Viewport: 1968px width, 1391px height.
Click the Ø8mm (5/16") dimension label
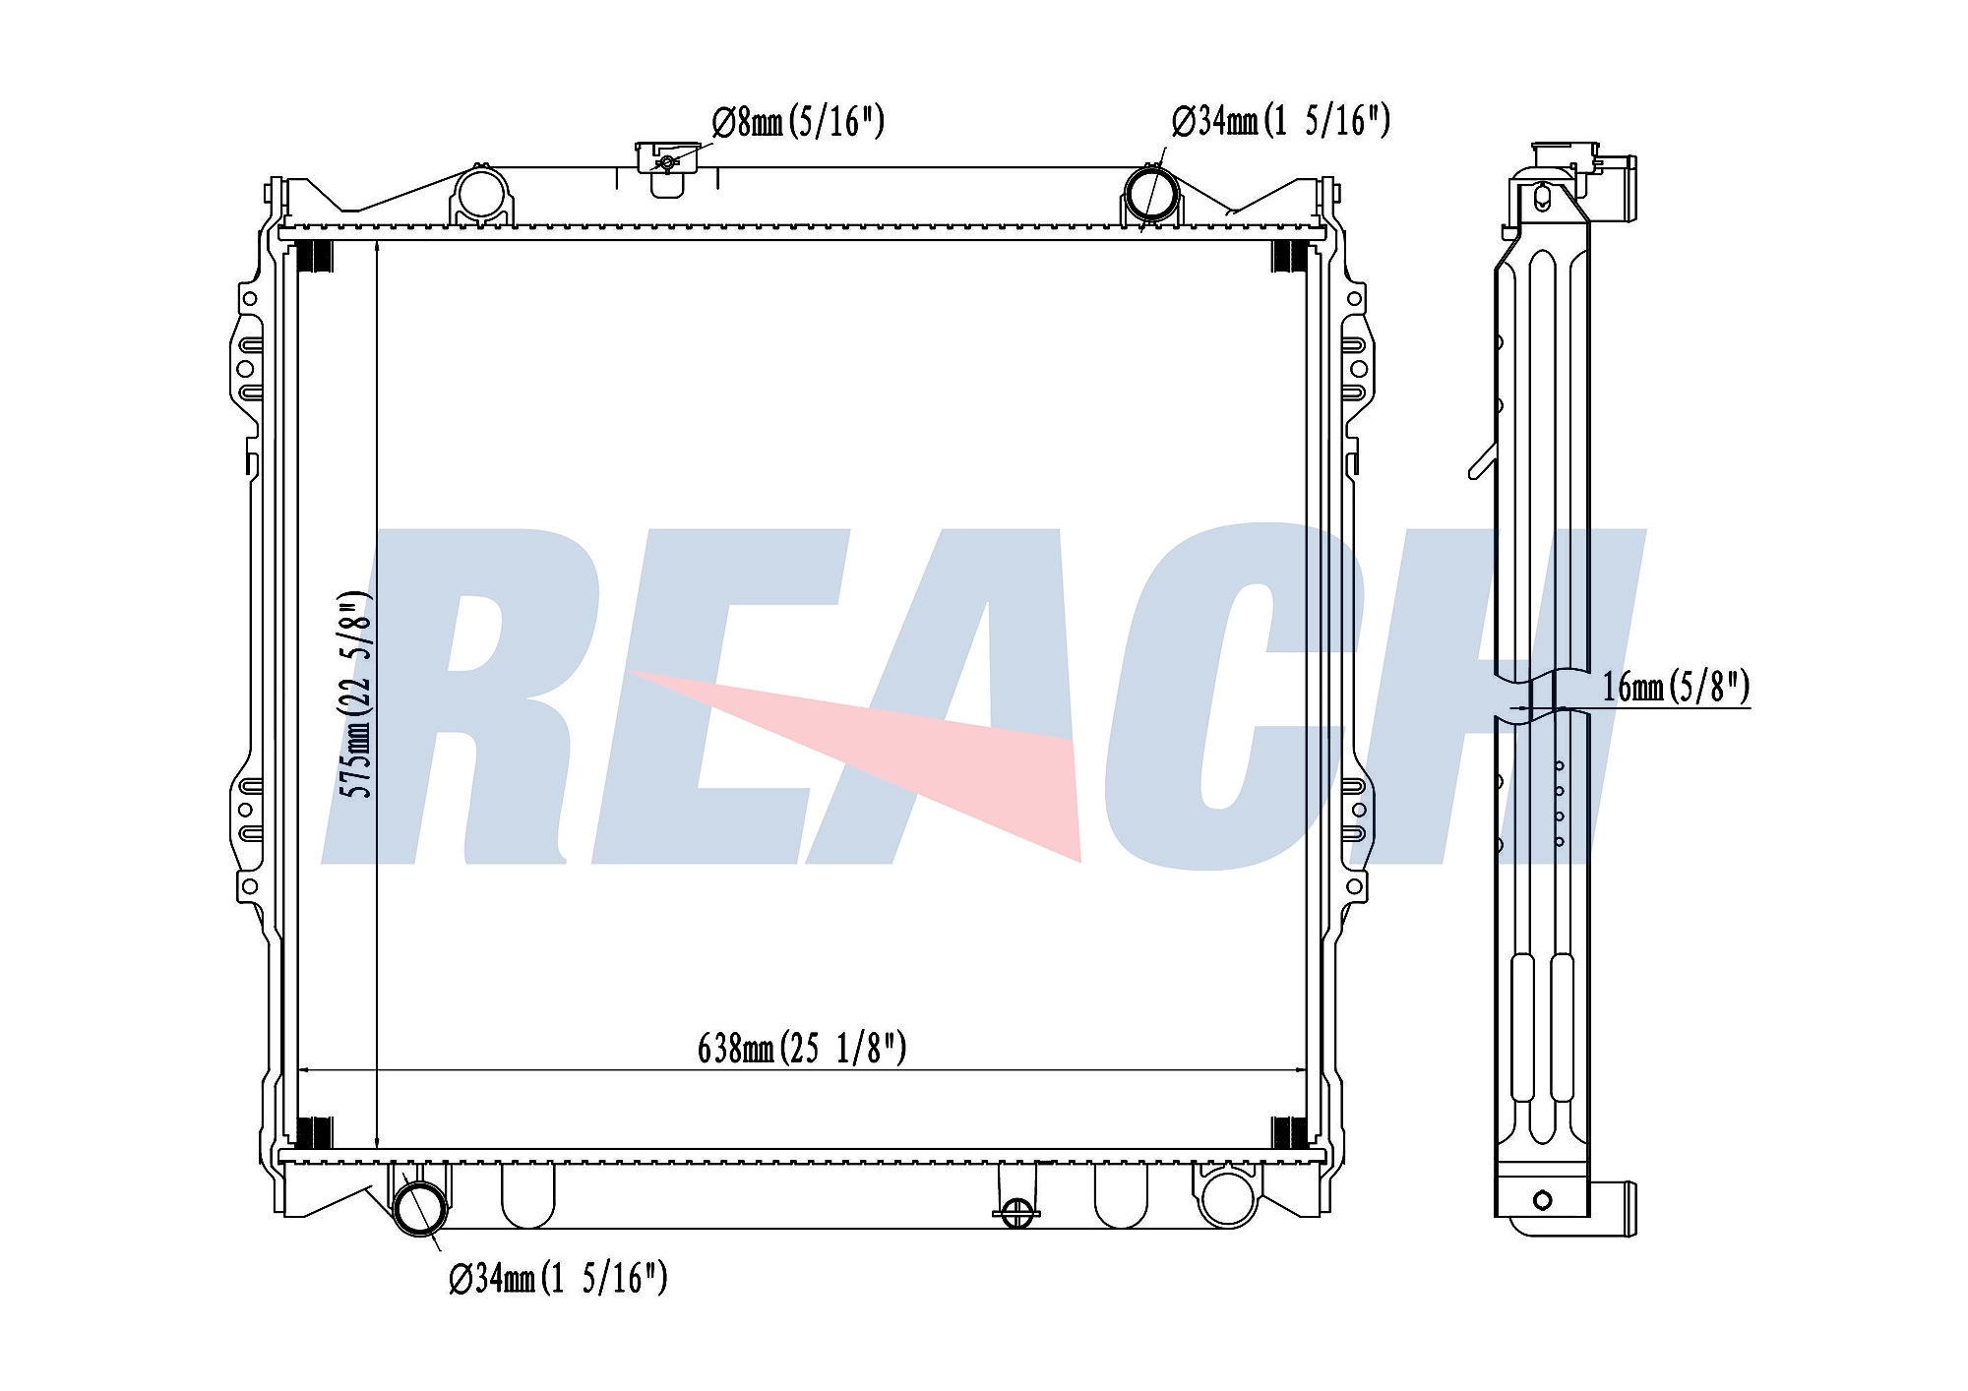tap(798, 122)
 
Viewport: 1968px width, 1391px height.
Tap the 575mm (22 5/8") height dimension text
tap(355, 695)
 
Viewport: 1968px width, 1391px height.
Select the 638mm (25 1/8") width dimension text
tap(802, 1049)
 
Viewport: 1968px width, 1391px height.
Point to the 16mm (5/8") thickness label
tap(1676, 687)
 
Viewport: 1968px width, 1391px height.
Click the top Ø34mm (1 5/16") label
tap(1280, 121)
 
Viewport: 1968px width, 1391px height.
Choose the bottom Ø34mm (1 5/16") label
tap(558, 1279)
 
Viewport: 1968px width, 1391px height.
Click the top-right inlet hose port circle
tap(1152, 194)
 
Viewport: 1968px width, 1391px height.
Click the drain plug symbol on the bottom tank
tap(1016, 1212)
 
